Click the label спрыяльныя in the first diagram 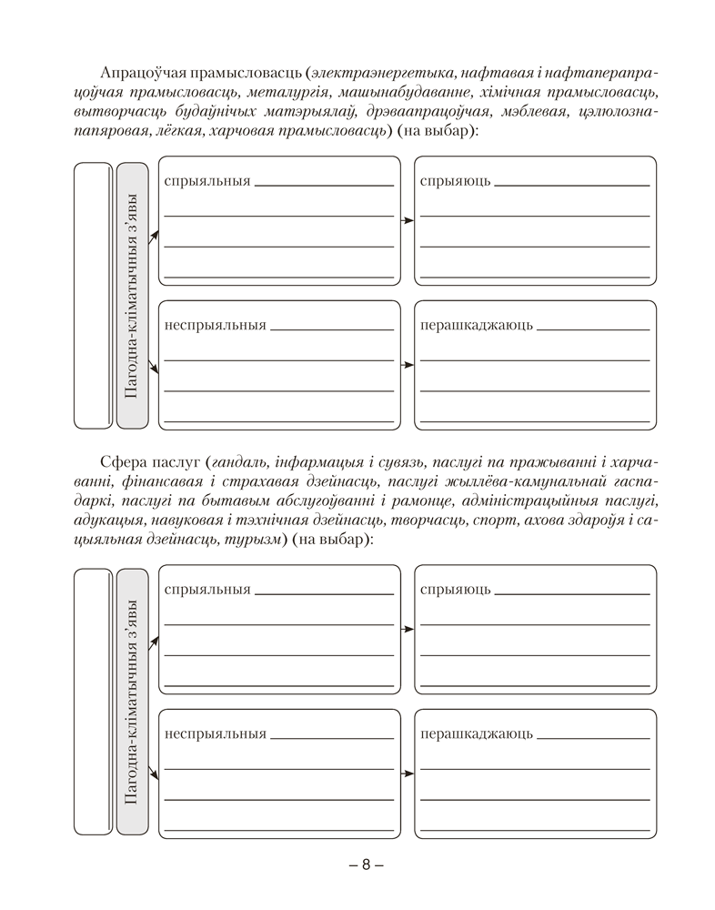(207, 181)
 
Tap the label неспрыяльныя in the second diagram (216, 733)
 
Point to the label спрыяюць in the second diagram (456, 590)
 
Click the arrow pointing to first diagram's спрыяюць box (407, 220)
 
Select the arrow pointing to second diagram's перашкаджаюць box (407, 773)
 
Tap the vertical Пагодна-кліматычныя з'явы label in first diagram (132, 295)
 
